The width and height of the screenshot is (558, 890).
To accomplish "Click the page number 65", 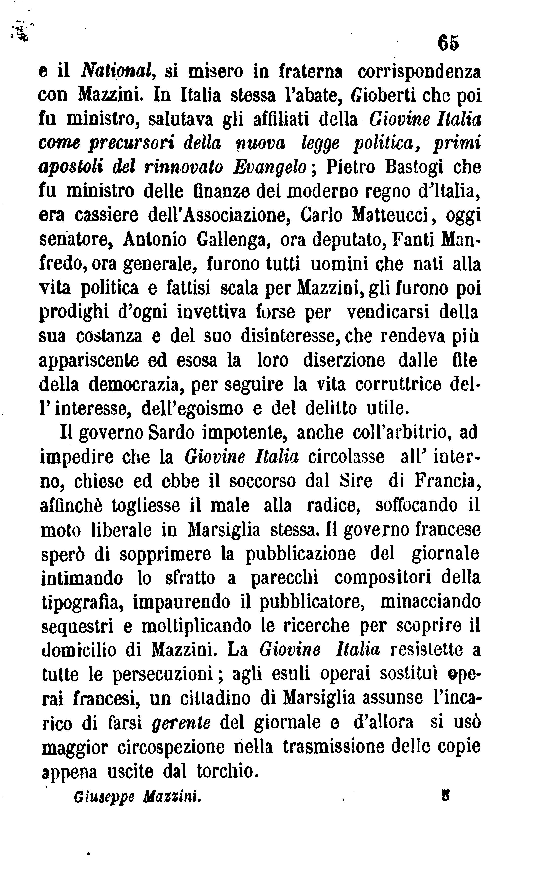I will [448, 43].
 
